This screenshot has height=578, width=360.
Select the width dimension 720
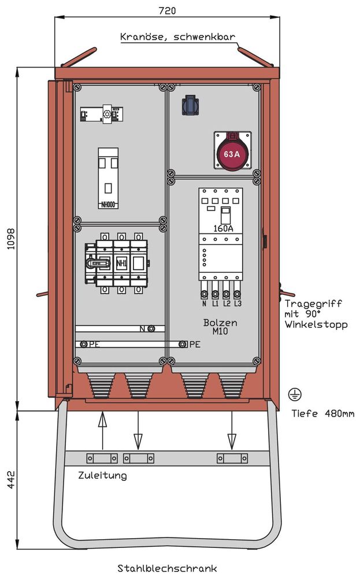[x=167, y=10]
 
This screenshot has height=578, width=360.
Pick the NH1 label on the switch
[x=121, y=264]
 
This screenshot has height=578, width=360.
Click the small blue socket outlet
[x=191, y=105]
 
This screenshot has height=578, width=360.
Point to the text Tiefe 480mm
[x=323, y=413]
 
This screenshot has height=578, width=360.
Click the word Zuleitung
[x=102, y=476]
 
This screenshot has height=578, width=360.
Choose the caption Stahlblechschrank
[x=167, y=569]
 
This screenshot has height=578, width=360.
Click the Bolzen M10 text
[x=220, y=327]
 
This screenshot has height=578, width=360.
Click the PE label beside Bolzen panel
[x=194, y=344]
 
